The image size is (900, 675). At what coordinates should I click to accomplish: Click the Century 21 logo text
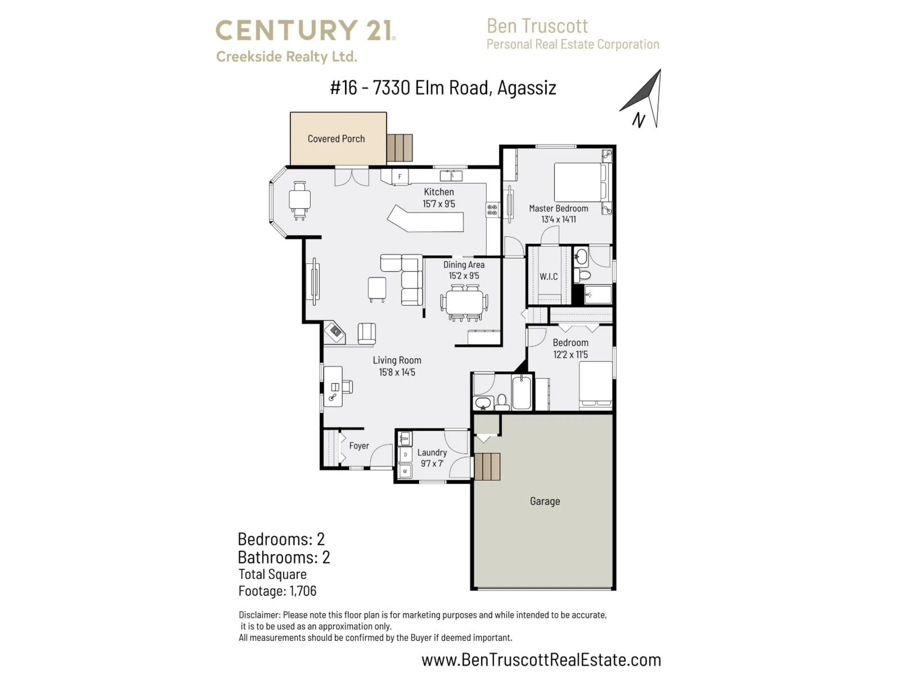tap(305, 31)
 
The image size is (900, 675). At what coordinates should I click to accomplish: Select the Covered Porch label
tap(336, 139)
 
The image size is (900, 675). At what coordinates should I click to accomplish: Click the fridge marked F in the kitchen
tap(400, 176)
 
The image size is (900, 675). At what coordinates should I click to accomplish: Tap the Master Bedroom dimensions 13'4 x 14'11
tap(558, 219)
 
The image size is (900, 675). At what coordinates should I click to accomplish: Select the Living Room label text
tap(397, 360)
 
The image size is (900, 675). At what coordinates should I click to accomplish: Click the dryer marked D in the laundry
tap(405, 454)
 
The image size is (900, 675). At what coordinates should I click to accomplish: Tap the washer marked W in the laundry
tap(405, 471)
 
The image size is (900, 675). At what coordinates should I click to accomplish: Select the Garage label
tap(544, 501)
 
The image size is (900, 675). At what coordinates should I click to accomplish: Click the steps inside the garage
tap(487, 466)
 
